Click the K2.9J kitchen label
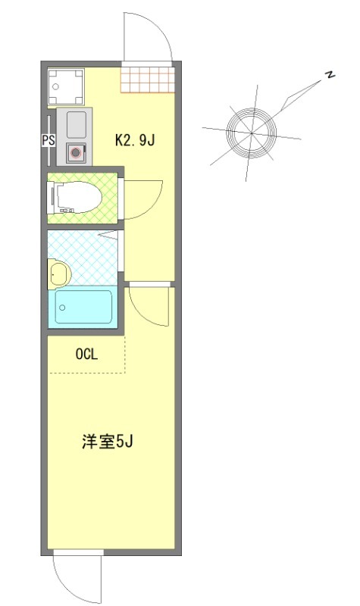coord(135,140)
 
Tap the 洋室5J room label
coord(108,442)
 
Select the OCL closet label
coord(86,353)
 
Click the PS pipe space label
coord(46,140)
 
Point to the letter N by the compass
coord(330,74)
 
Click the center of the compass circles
coord(251,133)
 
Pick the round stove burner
coord(77,152)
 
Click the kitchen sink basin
coord(77,123)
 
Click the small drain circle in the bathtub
coord(63,308)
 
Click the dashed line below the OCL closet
coord(86,373)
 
